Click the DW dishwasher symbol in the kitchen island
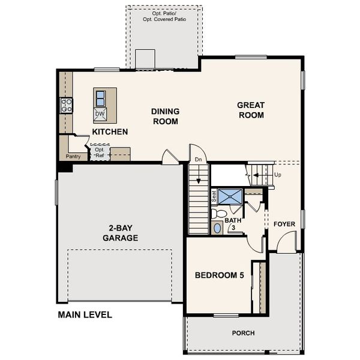[x=100, y=113]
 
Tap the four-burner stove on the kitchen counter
[x=66, y=106]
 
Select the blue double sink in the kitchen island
[x=100, y=97]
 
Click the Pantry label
[x=73, y=157]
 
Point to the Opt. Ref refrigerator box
[x=99, y=152]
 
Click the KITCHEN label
[x=109, y=131]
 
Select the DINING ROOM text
[x=164, y=116]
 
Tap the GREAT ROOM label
[x=251, y=110]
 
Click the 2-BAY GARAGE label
[x=123, y=233]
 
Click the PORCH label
[x=243, y=333]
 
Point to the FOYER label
[x=284, y=224]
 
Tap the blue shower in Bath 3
[x=230, y=196]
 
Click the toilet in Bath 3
[x=219, y=213]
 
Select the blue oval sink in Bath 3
[x=217, y=228]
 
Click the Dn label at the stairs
[x=199, y=160]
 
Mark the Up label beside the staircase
[x=277, y=176]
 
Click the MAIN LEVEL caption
[x=85, y=314]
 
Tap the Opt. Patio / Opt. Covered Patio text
[x=164, y=16]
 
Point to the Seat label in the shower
[x=213, y=196]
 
